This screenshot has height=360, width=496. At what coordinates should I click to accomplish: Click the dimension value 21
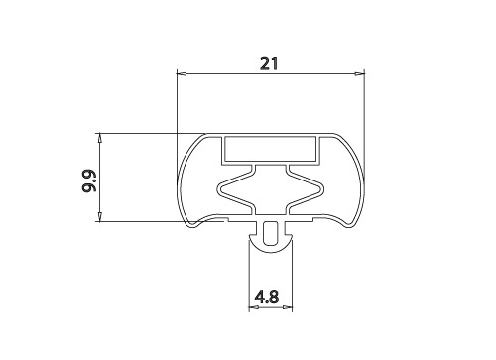(269, 63)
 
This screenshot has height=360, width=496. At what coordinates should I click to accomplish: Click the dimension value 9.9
(88, 180)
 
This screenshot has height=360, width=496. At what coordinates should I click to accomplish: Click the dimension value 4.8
(267, 297)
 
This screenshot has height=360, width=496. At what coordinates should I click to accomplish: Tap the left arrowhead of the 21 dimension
(182, 74)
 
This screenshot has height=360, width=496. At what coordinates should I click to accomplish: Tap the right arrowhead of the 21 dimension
(359, 74)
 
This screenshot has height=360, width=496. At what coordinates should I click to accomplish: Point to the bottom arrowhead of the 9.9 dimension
(99, 216)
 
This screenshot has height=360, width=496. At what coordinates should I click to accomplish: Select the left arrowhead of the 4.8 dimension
(254, 307)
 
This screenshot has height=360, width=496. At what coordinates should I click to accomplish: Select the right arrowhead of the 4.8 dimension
(288, 307)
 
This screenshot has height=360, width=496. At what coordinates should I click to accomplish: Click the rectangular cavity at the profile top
(270, 149)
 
